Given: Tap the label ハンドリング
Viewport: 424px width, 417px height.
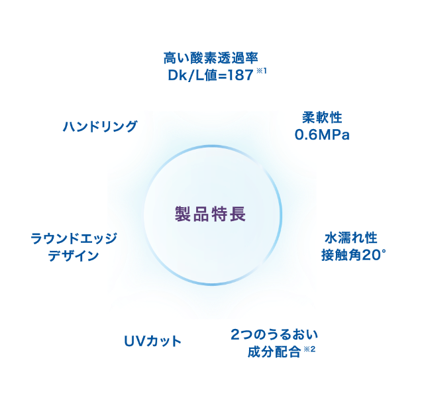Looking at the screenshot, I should point(100,126).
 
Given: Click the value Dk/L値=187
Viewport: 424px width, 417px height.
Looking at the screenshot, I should point(211,75).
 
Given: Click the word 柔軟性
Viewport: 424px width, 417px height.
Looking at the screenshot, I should point(321,118).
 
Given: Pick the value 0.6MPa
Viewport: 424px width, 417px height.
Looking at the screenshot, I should point(321,135).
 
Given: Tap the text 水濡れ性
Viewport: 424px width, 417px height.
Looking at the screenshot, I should point(350,238).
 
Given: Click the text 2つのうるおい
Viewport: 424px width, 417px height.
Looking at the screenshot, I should point(271,334).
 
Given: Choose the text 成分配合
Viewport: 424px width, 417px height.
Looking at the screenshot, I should point(272,351).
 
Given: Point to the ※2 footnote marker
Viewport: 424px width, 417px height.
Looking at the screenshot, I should point(308,347).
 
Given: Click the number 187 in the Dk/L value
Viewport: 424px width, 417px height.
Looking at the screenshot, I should point(239,75).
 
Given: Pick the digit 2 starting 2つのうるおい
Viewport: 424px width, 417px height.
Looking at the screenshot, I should point(235,334).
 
